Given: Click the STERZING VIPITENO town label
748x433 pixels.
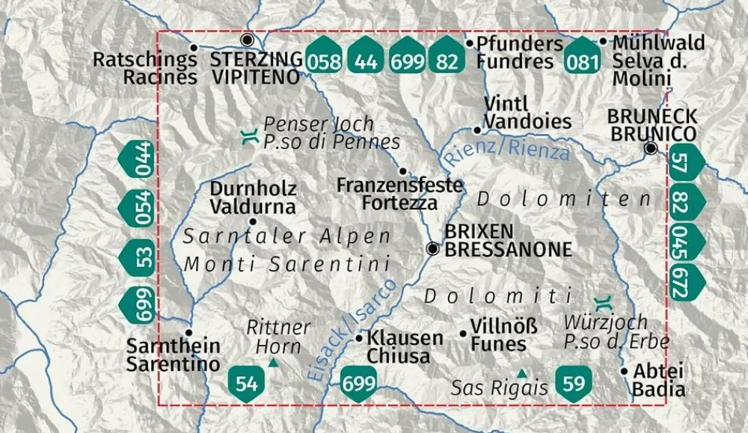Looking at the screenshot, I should tap(257, 67).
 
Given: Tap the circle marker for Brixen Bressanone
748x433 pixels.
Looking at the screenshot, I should tap(432, 249).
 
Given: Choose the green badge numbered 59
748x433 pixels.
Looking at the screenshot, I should tap(574, 384).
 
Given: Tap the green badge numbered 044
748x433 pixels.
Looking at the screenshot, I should tap(137, 159).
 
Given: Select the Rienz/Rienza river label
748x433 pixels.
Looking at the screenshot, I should tap(506, 147).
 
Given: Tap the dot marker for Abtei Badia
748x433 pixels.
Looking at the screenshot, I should tap(624, 370).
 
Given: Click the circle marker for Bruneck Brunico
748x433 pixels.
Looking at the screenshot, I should tap(652, 149).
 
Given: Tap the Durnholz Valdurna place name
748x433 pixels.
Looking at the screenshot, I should tap(253, 197).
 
